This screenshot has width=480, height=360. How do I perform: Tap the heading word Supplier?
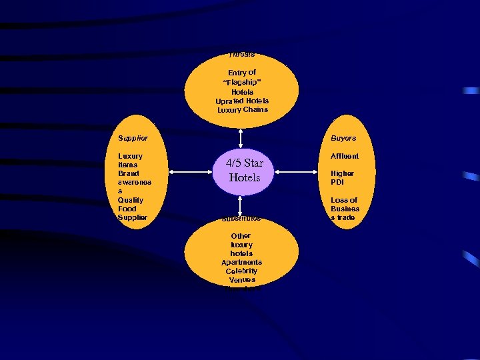point(133,138)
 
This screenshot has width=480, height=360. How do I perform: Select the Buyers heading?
point(343,138)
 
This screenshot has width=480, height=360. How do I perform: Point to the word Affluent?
point(345,156)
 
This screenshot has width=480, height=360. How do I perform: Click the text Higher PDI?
point(342,177)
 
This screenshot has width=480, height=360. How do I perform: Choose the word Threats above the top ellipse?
point(241,55)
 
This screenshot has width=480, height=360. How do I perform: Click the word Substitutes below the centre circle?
point(241,218)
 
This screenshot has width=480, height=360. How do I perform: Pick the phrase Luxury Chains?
point(243,109)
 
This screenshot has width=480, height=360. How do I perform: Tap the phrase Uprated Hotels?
point(242,101)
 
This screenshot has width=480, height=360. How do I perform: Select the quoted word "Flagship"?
point(241,82)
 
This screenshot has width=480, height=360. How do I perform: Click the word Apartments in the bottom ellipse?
point(241,262)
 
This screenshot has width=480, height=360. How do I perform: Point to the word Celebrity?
point(241,271)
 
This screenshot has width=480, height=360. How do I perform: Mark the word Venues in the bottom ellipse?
point(241,279)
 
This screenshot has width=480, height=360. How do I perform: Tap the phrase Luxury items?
point(130,160)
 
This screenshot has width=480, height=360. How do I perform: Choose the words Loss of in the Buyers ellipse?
point(344,200)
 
